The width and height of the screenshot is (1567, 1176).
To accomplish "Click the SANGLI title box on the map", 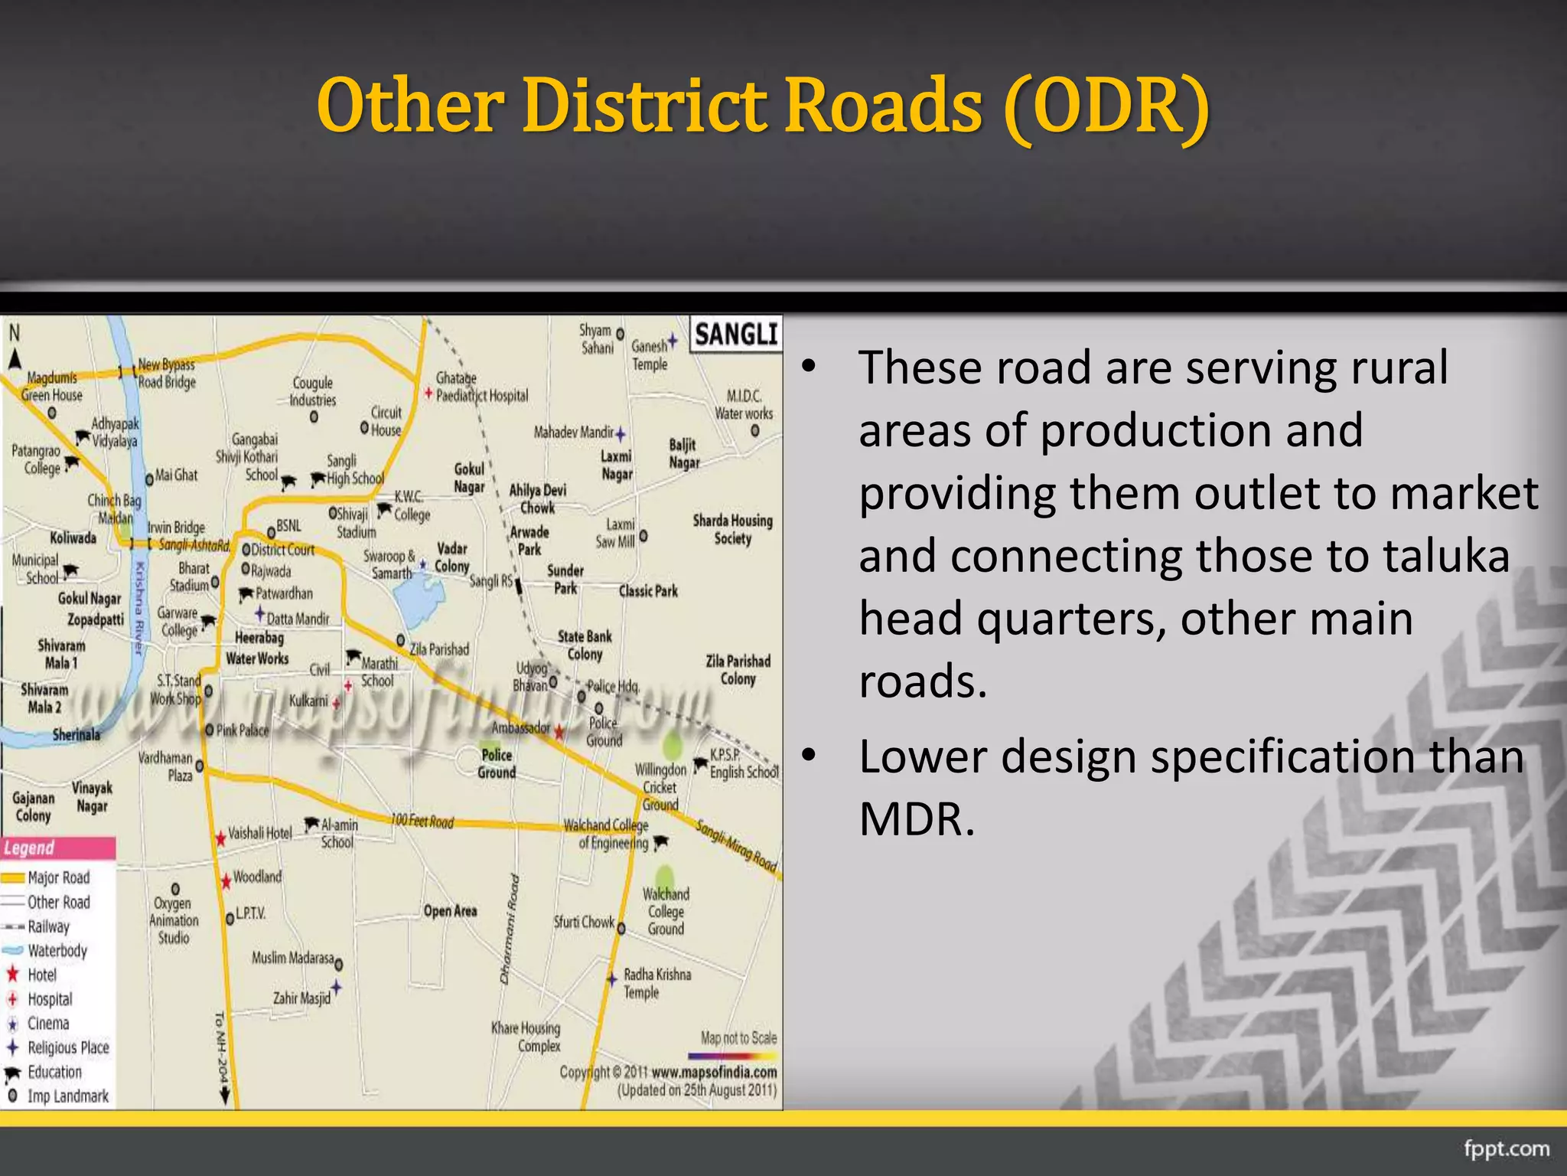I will pyautogui.click(x=736, y=335).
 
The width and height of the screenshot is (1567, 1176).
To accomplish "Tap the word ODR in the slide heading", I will pyautogui.click(x=1107, y=107).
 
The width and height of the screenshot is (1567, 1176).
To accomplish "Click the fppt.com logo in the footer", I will pyautogui.click(x=1506, y=1148).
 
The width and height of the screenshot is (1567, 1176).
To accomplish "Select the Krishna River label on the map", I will pyautogui.click(x=139, y=609).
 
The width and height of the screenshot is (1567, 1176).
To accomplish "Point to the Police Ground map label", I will pyautogui.click(x=497, y=763).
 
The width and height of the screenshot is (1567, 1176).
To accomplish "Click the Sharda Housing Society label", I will pyautogui.click(x=732, y=529).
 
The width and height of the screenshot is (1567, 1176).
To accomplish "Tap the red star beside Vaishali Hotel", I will pyautogui.click(x=220, y=838).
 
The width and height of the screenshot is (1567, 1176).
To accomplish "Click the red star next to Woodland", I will pyautogui.click(x=226, y=881).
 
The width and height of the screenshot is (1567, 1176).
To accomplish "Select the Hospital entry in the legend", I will pyautogui.click(x=50, y=999).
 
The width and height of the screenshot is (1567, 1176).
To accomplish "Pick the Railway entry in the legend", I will pyautogui.click(x=48, y=926).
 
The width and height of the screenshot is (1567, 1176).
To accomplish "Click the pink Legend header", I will pyautogui.click(x=58, y=848).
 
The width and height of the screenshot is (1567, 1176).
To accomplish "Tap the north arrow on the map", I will pyautogui.click(x=15, y=357).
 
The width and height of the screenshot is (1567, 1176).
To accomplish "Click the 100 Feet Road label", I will pyautogui.click(x=422, y=822).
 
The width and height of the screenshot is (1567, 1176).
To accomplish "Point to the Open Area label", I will pyautogui.click(x=450, y=911).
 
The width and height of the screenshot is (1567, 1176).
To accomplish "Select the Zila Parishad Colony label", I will pyautogui.click(x=738, y=670).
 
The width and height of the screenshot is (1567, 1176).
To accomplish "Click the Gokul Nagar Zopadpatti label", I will pyautogui.click(x=90, y=609).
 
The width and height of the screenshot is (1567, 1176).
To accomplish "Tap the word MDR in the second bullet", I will pyautogui.click(x=917, y=819).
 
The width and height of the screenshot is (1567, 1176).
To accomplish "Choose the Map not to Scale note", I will pyautogui.click(x=738, y=1038).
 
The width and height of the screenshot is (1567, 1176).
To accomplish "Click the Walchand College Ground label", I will pyautogui.click(x=666, y=911).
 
